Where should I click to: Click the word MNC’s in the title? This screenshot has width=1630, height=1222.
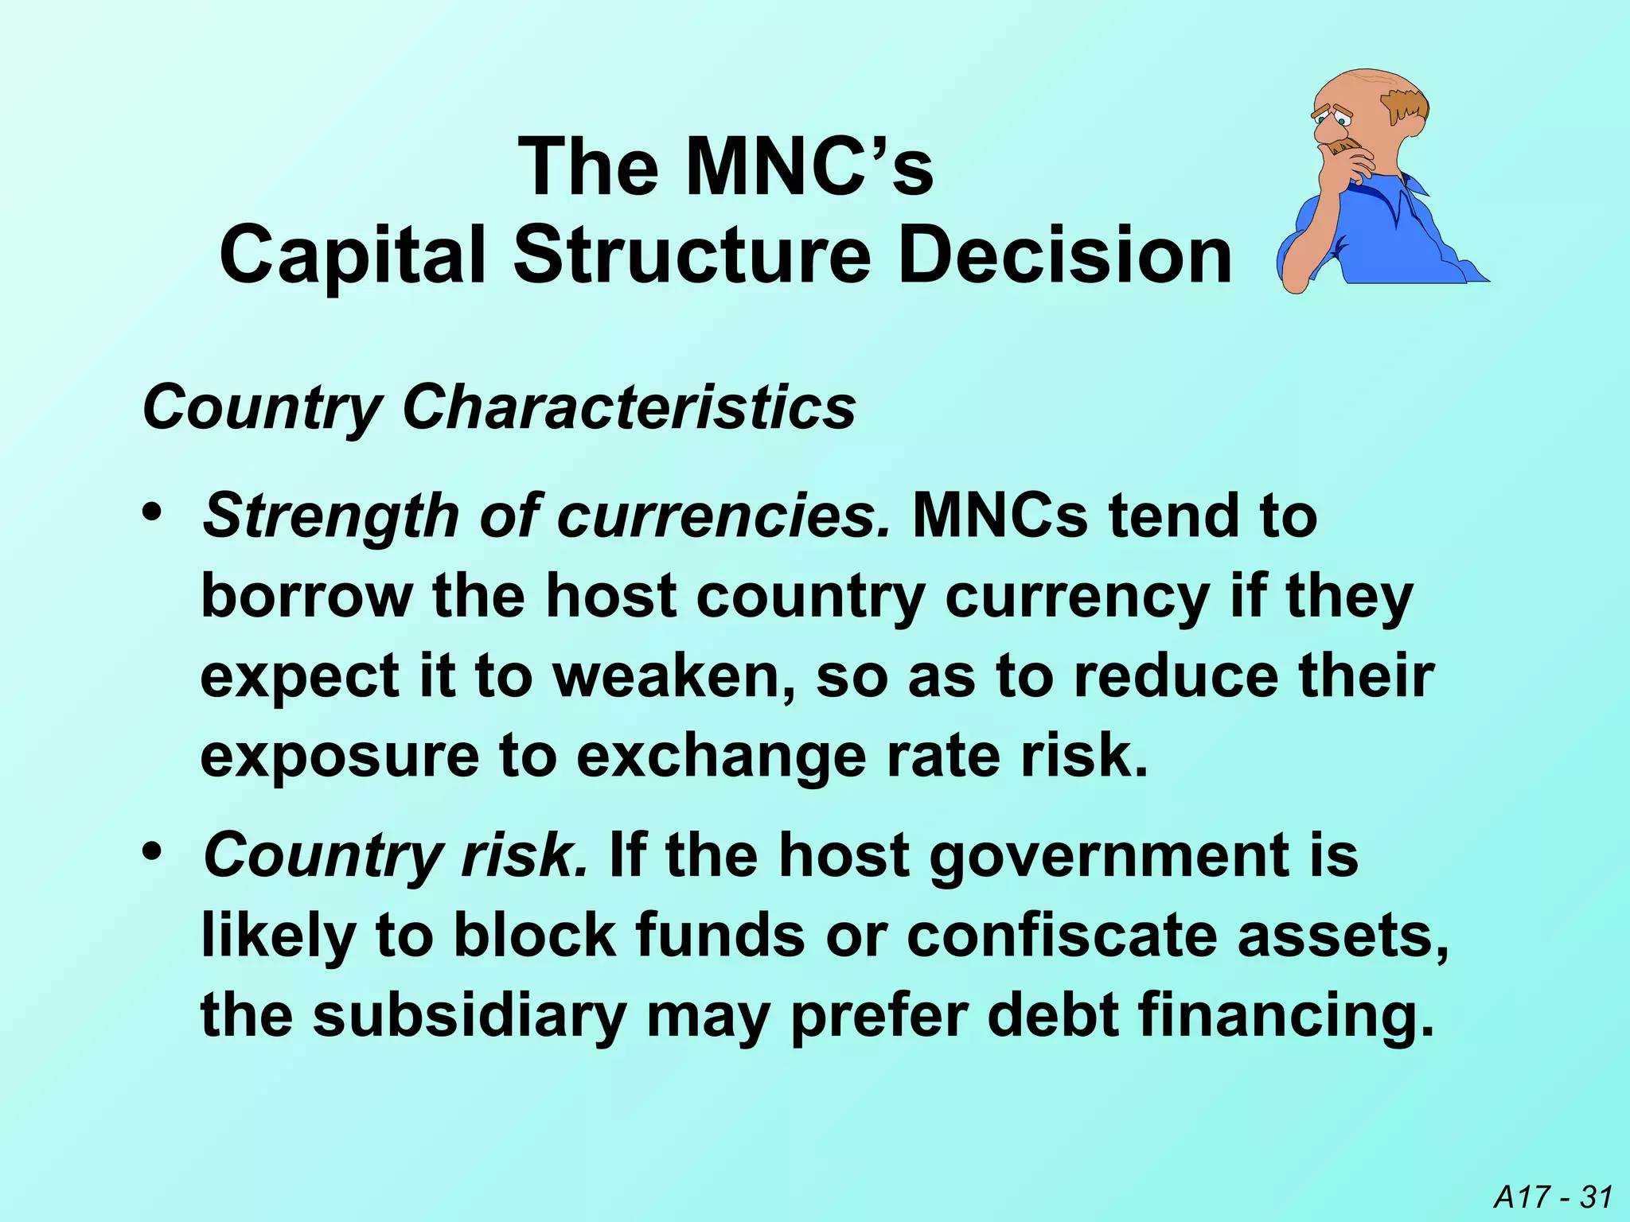[x=809, y=168]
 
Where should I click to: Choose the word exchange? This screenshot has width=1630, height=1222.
[x=721, y=757]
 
